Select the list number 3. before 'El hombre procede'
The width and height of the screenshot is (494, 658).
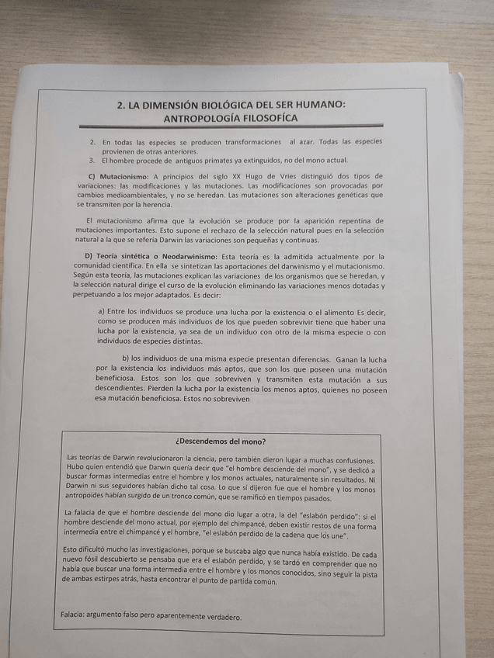[x=92, y=161]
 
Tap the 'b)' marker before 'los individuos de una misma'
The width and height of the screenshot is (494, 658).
[x=126, y=358]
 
